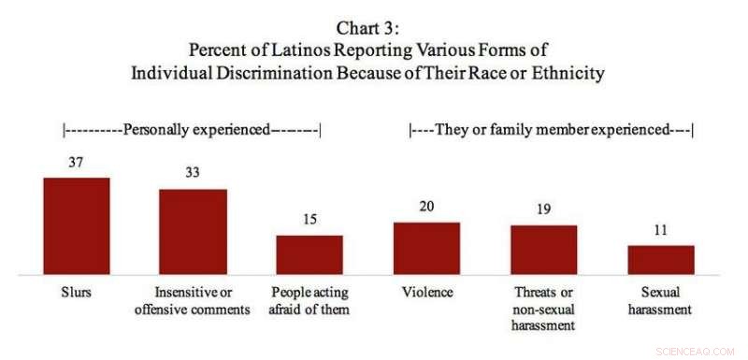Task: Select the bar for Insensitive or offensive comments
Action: pos(193,232)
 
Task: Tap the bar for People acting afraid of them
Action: pos(309,254)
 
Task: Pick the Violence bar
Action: pos(426,249)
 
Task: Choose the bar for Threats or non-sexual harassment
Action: pos(543,250)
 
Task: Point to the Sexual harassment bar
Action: pos(660,260)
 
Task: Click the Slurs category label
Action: pos(76,293)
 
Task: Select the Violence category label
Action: pos(426,293)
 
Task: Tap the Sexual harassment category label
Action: pos(660,300)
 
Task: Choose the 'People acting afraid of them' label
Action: pos(309,300)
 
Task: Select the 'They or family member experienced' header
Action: pos(551,130)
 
